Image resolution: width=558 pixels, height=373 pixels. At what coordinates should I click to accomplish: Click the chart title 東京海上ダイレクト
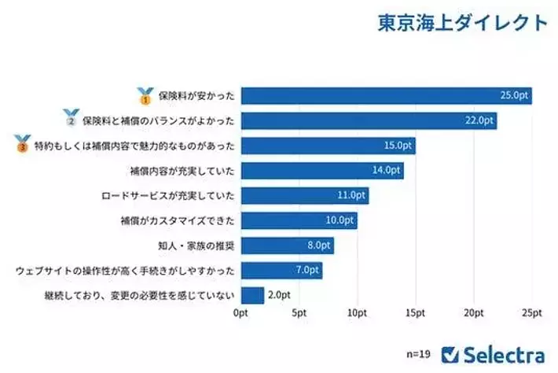click(x=462, y=22)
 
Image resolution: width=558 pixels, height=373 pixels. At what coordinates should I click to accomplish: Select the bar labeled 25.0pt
click(x=386, y=96)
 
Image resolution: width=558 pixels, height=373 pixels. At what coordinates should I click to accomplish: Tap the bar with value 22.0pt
click(x=369, y=121)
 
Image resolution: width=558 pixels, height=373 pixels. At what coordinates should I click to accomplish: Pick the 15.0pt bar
click(x=328, y=146)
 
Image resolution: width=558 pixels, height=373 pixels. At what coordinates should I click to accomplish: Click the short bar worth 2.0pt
click(x=252, y=295)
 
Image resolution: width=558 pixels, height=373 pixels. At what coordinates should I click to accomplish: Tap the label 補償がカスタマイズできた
click(x=180, y=221)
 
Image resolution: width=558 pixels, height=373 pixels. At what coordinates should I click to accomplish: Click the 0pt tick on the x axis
click(x=241, y=313)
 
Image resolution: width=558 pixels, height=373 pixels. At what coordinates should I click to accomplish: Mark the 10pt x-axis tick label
click(x=358, y=313)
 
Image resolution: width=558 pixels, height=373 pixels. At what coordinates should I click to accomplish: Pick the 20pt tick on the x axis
click(x=474, y=313)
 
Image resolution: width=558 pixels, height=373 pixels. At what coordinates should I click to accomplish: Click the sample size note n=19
click(x=419, y=353)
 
